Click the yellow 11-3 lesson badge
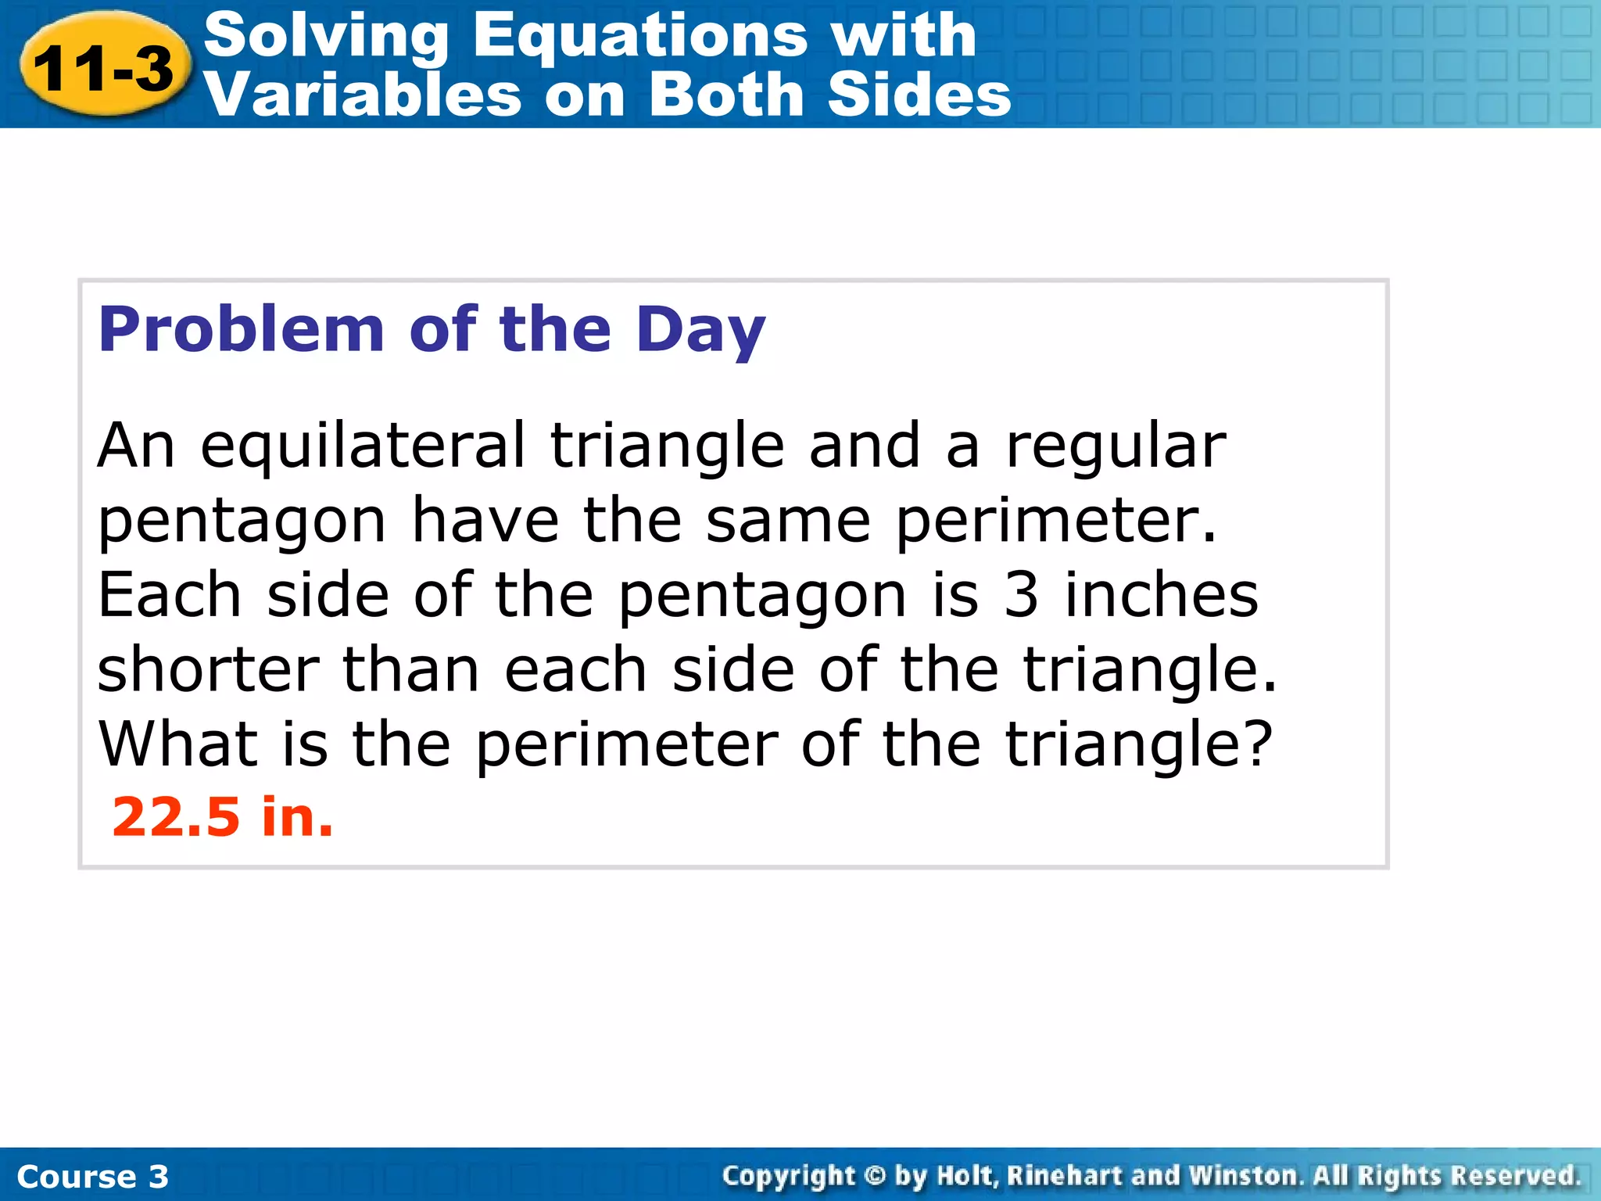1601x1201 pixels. click(103, 69)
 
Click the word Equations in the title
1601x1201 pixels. click(639, 36)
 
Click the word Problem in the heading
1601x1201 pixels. click(242, 330)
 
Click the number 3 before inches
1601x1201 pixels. click(1021, 596)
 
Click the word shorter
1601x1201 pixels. click(208, 670)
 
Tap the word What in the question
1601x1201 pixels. click(177, 744)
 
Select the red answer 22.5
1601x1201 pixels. click(176, 817)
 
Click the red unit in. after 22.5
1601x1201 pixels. click(297, 817)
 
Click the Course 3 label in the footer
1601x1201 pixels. click(92, 1177)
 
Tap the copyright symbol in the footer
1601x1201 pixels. click(876, 1176)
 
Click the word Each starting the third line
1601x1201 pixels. click(169, 596)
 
